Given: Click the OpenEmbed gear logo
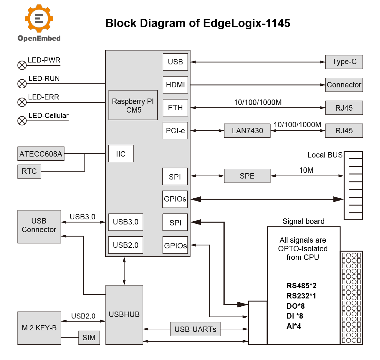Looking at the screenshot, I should click(x=39, y=18).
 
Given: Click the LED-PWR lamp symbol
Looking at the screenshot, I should click(x=22, y=65).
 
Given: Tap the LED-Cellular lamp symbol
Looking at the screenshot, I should click(x=22, y=121).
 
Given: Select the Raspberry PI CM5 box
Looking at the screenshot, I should click(x=133, y=105).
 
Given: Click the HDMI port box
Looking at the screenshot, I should click(x=175, y=85).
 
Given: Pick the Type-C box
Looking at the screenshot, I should click(x=344, y=62).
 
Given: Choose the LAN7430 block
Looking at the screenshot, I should click(x=247, y=131).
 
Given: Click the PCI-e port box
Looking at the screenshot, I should click(x=175, y=131).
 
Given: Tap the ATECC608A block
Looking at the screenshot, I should click(x=41, y=154).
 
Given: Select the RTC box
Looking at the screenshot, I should click(x=29, y=172).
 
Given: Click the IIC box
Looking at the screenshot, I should click(x=121, y=154).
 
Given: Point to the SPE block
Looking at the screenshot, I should click(x=247, y=176).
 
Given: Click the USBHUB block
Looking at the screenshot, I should click(x=124, y=315).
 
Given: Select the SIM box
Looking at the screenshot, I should click(x=89, y=338).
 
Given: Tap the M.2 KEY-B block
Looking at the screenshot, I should click(x=39, y=328).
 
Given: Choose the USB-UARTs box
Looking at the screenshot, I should click(x=195, y=329).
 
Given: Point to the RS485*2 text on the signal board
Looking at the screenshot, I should click(x=302, y=286).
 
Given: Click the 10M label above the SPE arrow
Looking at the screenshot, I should click(x=306, y=170).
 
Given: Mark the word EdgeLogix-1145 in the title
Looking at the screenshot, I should click(x=247, y=23).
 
